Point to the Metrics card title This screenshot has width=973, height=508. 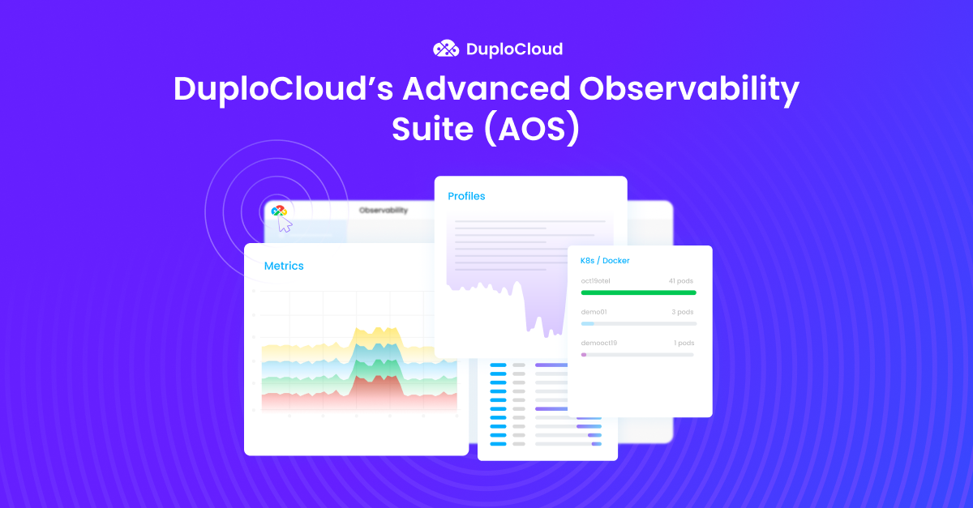pyautogui.click(x=284, y=266)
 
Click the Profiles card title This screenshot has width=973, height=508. pyautogui.click(x=466, y=196)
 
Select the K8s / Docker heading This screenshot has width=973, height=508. pyautogui.click(x=605, y=261)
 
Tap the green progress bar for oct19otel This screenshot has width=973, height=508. pyautogui.click(x=638, y=292)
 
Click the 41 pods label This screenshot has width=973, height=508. pyautogui.click(x=680, y=281)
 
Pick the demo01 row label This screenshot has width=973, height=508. pyautogui.click(x=594, y=312)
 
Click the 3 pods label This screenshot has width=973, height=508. pyautogui.click(x=682, y=312)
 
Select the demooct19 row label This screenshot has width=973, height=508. pyautogui.click(x=599, y=343)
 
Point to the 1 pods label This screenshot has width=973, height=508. pyautogui.click(x=684, y=343)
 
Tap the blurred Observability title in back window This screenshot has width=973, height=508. pyautogui.click(x=384, y=211)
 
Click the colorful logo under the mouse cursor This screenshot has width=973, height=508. pyautogui.click(x=279, y=211)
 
